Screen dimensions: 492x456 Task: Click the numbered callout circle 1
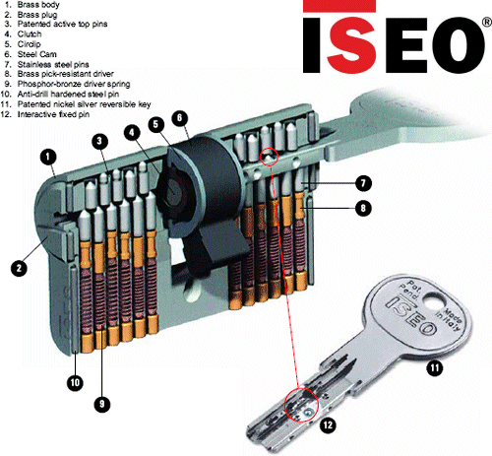[x=48, y=158]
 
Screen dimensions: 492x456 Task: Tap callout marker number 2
[x=19, y=268]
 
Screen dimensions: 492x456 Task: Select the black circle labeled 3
[x=99, y=142]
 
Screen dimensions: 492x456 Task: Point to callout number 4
[x=132, y=133]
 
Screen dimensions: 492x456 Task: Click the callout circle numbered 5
[x=156, y=124]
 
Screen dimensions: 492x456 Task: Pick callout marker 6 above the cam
[x=179, y=118]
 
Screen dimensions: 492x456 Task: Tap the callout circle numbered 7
[x=363, y=183]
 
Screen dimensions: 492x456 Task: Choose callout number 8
[x=363, y=208]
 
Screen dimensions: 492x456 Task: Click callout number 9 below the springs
[x=101, y=404]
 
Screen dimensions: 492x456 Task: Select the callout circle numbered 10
[x=75, y=382]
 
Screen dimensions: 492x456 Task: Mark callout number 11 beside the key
[x=435, y=367]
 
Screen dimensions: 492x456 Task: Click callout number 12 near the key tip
[x=328, y=425]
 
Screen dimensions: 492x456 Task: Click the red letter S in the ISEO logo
[x=351, y=44]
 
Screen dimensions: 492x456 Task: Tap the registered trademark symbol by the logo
[x=487, y=22]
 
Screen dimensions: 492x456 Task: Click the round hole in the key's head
[x=434, y=300]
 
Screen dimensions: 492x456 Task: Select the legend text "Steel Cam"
[x=37, y=54]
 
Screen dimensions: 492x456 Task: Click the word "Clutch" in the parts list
[x=30, y=34]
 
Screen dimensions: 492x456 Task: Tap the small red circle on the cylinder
[x=269, y=157]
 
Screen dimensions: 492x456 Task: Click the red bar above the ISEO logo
[x=339, y=6]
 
